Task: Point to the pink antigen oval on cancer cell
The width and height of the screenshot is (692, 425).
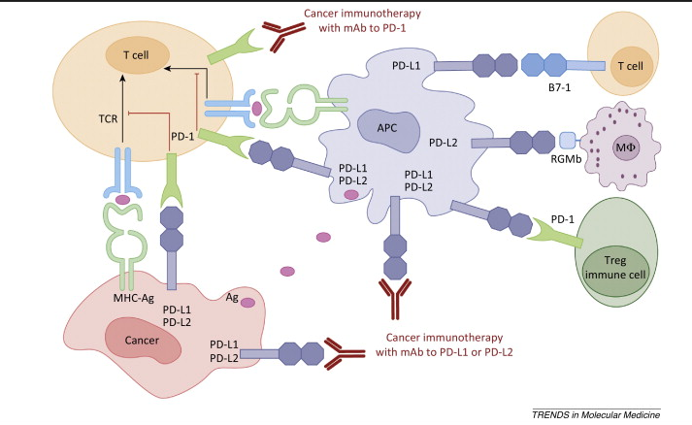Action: pos(248,304)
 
